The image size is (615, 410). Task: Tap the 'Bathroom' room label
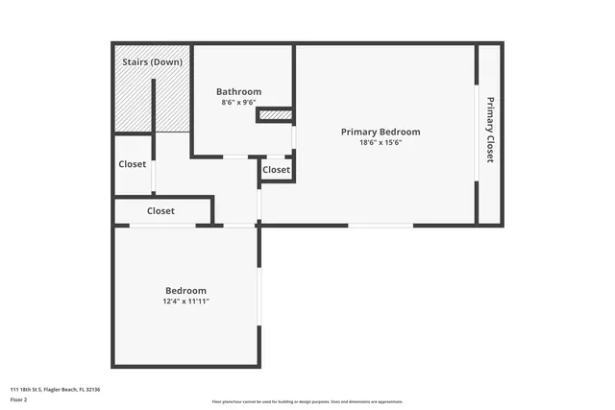[x=238, y=92]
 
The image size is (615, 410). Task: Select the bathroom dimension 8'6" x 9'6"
[x=238, y=103]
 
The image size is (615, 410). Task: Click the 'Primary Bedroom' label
[x=381, y=132]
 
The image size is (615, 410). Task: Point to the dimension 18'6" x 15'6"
[x=381, y=142]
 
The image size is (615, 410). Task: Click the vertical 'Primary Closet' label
[x=489, y=130]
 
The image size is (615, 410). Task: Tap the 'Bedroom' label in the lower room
[x=185, y=290]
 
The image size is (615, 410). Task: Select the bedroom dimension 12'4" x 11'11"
[x=185, y=301]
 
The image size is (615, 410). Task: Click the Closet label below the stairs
[x=133, y=164]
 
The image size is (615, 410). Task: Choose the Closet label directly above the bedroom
[x=160, y=210]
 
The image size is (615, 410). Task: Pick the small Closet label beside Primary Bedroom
[x=276, y=170]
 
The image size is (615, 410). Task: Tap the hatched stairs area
[x=135, y=101]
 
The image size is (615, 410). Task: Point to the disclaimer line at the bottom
[x=307, y=401]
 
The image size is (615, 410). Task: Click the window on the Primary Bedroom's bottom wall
[x=381, y=226]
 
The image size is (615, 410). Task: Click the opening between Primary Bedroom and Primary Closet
[x=478, y=132]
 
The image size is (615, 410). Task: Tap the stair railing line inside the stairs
[x=153, y=106]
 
